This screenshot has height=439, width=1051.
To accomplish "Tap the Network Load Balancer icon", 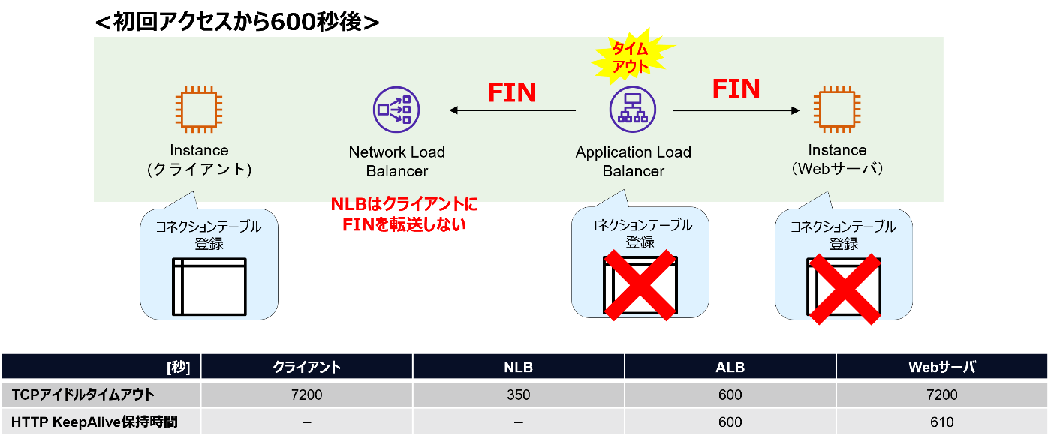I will coord(396,110).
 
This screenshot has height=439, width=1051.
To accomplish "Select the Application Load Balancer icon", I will coord(633,110).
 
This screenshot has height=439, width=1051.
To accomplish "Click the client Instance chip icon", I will coord(199,110).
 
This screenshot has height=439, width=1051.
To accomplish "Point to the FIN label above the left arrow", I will coord(512,92).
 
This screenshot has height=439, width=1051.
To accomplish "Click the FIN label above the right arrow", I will coord(736,89).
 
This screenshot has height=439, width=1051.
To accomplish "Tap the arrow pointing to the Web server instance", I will coord(736,111).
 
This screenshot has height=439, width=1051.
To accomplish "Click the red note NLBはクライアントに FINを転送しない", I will coord(404,215).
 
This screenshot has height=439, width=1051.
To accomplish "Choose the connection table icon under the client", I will coord(209,286).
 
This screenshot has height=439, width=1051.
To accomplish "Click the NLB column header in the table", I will coord(518,367).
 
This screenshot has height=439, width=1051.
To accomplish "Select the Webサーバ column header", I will coord(942,367).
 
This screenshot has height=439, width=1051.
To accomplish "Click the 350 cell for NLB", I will coord(518,395).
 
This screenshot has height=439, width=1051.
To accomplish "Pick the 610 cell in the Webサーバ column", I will coord(942,422).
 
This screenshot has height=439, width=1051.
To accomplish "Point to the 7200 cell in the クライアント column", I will coord(306,395).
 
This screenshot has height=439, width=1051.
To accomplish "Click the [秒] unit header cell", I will coord(178,367).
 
